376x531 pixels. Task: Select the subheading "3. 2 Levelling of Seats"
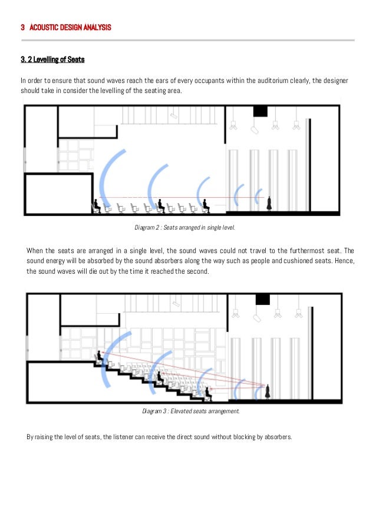(53, 59)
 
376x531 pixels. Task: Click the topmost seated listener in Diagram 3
(100, 356)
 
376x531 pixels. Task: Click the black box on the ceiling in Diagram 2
(260, 111)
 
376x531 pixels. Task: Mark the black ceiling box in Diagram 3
(262, 299)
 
